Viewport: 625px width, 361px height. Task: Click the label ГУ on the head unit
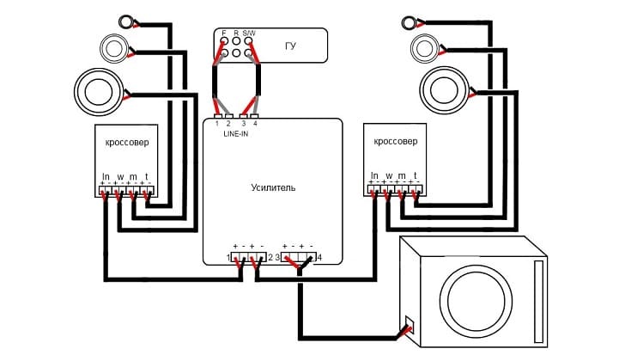pos(290,46)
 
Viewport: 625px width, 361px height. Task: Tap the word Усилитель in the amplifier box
pos(273,187)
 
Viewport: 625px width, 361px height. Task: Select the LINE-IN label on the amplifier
pos(236,134)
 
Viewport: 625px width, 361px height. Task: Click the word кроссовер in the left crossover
pos(127,143)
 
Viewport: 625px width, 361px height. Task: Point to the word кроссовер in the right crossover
pos(396,141)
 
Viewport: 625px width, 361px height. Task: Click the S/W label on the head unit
pos(249,33)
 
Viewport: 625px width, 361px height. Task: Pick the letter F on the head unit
pos(224,33)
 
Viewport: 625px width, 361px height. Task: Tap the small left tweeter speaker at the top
pos(126,21)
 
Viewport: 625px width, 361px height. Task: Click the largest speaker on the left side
pos(99,92)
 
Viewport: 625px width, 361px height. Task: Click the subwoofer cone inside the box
pos(476,300)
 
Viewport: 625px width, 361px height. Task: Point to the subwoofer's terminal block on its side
pos(410,325)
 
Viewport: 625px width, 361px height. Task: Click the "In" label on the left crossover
pos(106,176)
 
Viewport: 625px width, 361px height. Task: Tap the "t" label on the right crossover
pos(416,175)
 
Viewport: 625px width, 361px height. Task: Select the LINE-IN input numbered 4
pos(255,117)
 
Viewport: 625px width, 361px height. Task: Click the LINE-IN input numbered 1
pos(218,117)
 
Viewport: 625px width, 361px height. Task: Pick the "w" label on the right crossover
pos(389,176)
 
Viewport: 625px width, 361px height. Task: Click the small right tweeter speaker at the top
pos(408,22)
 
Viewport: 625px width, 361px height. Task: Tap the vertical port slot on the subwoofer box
pos(538,302)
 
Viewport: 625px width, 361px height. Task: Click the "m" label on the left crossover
pos(133,177)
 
